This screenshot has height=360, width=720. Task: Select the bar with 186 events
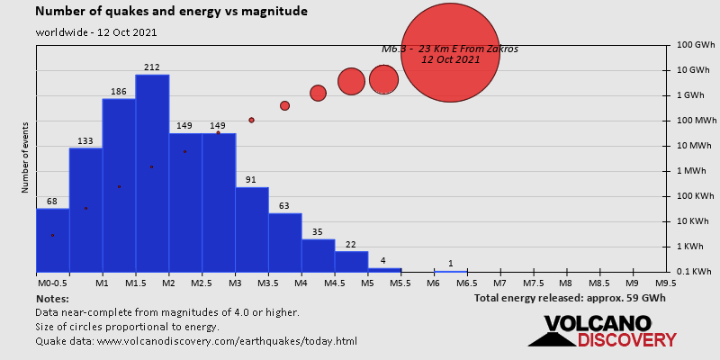point(119,184)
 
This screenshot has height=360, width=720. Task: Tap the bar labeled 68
point(52,239)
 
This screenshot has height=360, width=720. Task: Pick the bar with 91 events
point(252,229)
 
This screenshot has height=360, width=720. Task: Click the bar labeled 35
point(318,255)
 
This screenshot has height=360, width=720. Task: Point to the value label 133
point(85,141)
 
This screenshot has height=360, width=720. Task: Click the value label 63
point(285,206)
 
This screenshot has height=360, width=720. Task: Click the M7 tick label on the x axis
point(500,283)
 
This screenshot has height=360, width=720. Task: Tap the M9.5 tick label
point(666,283)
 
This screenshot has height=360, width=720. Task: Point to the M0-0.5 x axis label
point(51,283)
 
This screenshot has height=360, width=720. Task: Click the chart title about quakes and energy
point(171,13)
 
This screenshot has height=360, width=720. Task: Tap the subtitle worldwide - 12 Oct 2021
point(97,32)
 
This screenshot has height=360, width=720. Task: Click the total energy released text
point(570,298)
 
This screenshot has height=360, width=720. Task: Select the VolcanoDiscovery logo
point(602,331)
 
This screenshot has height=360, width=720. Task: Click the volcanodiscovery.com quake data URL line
point(196,341)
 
